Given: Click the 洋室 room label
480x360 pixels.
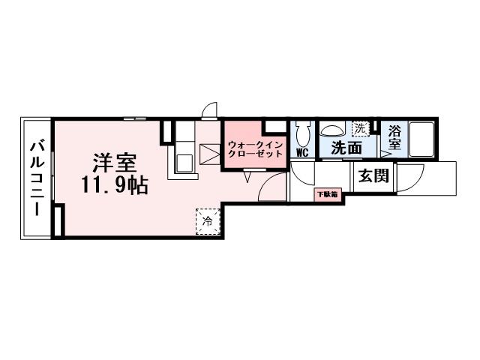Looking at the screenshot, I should click(113, 162).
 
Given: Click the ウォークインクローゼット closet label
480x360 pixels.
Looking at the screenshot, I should click(254, 147).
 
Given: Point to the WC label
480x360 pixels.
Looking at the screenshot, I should click(303, 152).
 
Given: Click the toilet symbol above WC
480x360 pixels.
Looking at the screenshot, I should click(303, 135).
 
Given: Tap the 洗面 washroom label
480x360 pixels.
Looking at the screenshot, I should click(346, 148).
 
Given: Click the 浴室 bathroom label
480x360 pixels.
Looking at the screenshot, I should click(394, 136).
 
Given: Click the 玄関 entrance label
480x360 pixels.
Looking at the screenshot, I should click(372, 177).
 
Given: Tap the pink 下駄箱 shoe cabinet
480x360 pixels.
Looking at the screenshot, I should click(326, 194).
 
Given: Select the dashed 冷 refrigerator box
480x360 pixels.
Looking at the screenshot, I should click(208, 221).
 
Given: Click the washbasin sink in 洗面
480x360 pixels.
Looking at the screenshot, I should click(333, 129).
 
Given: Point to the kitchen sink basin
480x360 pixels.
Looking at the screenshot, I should click(183, 161).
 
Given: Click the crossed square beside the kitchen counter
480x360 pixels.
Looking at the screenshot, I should click(209, 154).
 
